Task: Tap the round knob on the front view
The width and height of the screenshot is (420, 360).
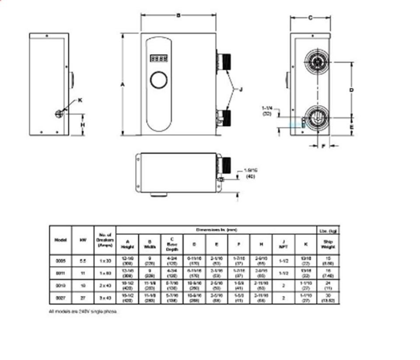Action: coord(158,80)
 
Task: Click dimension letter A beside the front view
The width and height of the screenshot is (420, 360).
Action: coord(123,84)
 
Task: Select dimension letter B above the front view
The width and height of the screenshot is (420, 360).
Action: coord(178,15)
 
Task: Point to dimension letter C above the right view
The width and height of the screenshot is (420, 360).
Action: coord(310,18)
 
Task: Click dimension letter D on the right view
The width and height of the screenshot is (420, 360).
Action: coord(351,90)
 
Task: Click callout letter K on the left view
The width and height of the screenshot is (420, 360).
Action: coord(80,100)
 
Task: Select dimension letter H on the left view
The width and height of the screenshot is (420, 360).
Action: coord(83,124)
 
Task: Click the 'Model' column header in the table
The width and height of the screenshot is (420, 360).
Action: coord(60,240)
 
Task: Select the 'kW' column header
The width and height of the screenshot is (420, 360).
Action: coord(83,240)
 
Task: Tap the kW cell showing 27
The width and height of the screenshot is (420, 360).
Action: coord(83,298)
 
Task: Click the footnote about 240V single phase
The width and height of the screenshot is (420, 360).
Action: coord(83,311)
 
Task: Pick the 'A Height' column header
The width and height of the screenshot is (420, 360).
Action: coord(128,243)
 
